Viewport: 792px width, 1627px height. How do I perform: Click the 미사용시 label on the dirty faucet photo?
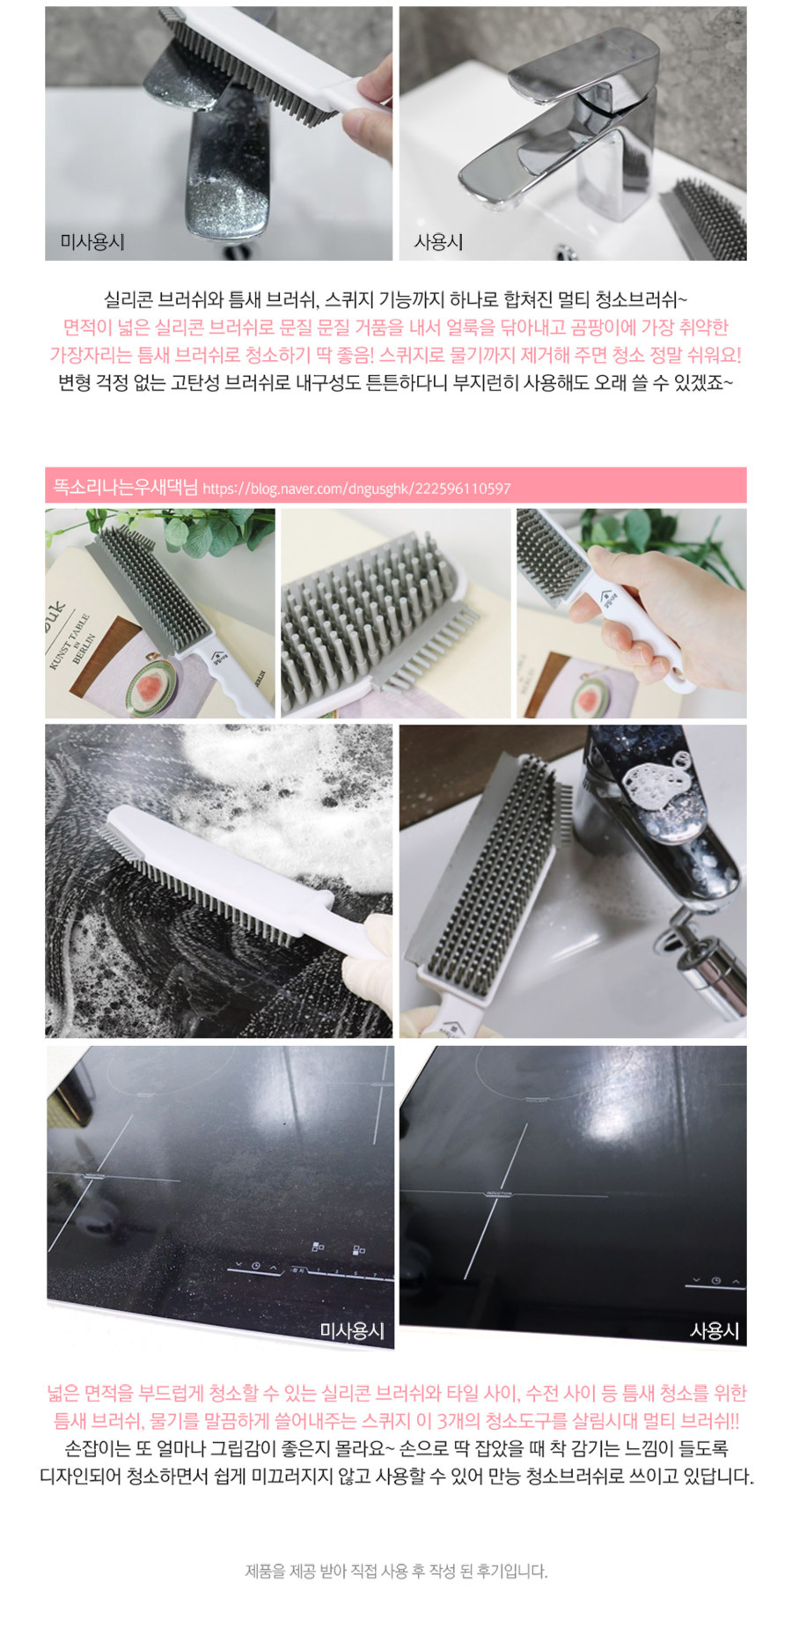point(92,241)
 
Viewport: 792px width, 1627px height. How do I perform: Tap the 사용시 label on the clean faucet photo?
point(438,241)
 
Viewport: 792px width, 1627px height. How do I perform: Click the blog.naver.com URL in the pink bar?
point(356,489)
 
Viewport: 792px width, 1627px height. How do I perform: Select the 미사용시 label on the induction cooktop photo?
point(352,1330)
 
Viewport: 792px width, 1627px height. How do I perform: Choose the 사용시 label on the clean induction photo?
point(715,1330)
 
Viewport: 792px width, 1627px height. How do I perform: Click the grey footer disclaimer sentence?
point(396,1571)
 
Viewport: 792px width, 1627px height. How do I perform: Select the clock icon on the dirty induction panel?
point(255,1266)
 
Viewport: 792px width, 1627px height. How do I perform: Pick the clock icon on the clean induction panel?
point(715,1280)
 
